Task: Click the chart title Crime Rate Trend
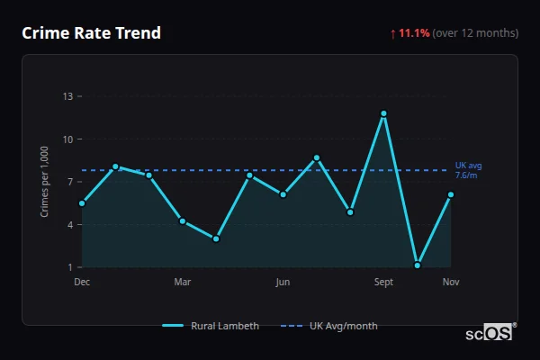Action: coord(91,33)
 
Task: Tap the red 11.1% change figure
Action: coord(415,33)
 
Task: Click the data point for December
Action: coord(82,203)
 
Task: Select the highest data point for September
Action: coord(383,113)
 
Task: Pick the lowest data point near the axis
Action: coord(418,265)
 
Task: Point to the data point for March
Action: coord(183,220)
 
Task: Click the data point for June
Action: coord(283,194)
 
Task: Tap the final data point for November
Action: coord(451,194)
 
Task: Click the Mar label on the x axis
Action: coord(183,283)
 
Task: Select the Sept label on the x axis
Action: coord(383,283)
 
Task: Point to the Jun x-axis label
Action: coord(283,283)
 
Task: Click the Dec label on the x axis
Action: coord(82,283)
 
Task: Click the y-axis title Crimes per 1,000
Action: coord(45,182)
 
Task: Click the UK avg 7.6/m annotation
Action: coord(468,170)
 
